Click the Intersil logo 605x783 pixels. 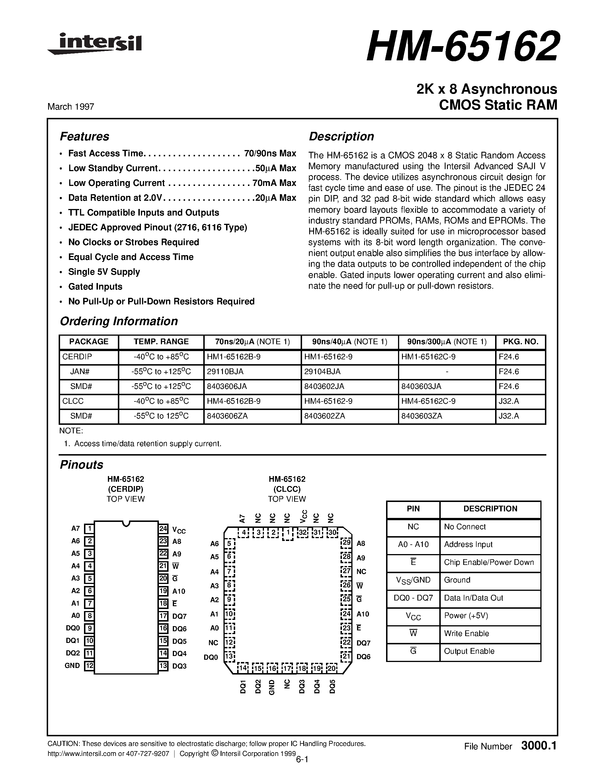95,44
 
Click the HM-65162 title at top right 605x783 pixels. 462,47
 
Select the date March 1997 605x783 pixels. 71,106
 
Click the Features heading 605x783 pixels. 84,137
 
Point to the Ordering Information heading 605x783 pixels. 119,321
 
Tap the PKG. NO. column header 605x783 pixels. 520,342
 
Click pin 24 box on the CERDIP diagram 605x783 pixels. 163,529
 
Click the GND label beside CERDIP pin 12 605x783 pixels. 72,666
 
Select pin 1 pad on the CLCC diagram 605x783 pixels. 288,533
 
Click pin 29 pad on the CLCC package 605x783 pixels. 346,543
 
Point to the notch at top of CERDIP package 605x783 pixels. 126,523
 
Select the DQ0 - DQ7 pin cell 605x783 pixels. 413,598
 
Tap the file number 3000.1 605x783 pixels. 539,746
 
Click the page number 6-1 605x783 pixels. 302,759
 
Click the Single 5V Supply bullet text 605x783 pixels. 104,272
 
